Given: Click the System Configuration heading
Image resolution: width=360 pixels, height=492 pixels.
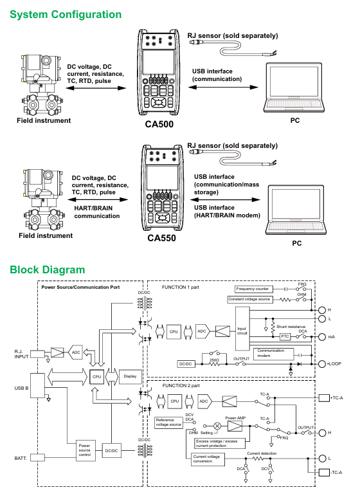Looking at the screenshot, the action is pos(66,14).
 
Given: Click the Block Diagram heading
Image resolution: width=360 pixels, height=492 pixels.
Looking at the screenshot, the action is pos(48,269).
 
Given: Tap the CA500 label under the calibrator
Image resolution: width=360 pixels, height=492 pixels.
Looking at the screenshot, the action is pos(159,124).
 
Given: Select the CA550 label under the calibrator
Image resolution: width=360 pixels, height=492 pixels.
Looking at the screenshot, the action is pos(161,238).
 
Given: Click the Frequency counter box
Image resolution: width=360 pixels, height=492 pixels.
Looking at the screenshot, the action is pos(254,289).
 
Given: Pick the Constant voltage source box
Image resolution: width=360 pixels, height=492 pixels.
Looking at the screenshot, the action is pos(249,299).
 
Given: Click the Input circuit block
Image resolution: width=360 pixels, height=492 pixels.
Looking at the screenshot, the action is pos(242,329).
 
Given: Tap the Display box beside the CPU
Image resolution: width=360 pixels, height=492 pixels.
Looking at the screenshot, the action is pos(130,376).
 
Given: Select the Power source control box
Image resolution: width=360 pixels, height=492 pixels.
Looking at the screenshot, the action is pos(86,451).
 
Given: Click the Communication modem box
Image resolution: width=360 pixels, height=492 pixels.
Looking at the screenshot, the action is pos(273,354).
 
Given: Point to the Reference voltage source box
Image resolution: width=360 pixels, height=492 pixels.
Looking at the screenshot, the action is pos(168,423).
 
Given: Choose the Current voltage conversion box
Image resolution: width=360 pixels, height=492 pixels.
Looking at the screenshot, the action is pos(208,459).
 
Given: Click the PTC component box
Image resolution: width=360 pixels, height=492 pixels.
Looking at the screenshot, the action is pos(285,336).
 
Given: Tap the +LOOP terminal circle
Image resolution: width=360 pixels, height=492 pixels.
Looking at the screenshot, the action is pos(322,364).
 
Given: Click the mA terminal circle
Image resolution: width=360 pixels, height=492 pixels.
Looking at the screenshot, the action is pos(322,337).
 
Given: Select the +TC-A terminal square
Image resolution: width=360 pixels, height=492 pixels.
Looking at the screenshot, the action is pos(324,398).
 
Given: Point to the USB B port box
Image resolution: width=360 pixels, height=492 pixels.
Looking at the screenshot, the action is pos(38,386).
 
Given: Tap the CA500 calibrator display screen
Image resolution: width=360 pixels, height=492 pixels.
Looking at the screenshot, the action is pos(159,62).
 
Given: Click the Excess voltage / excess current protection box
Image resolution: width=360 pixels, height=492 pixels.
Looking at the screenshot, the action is pos(219,443).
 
